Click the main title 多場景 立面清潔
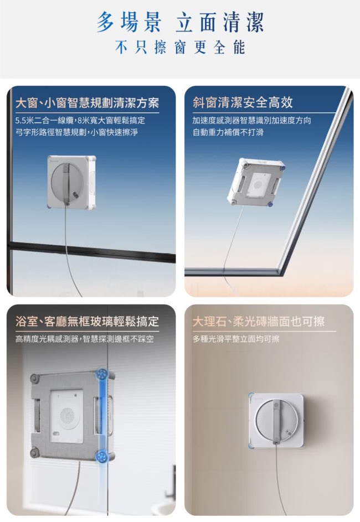point(180,22)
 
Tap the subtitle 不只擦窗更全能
point(180,47)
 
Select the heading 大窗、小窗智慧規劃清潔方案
point(88,103)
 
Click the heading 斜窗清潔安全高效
point(243,102)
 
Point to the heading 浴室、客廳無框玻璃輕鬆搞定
point(88,321)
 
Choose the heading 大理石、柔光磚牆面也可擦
point(259,321)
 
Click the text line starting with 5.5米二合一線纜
point(80,120)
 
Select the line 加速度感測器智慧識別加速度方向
point(251,120)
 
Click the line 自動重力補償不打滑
point(228,132)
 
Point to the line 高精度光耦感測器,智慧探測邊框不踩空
point(85,339)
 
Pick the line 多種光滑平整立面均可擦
point(236,339)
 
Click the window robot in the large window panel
point(71,183)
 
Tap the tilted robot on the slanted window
point(256,183)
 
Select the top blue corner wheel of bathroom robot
point(101,374)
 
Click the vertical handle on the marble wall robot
point(276,421)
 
